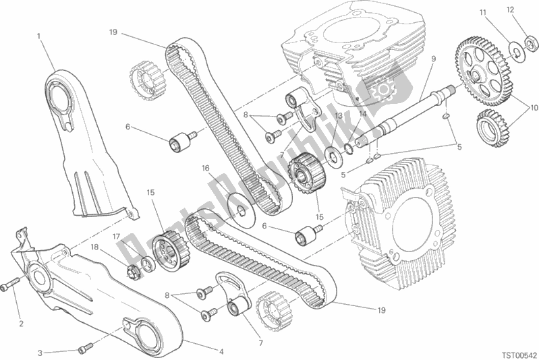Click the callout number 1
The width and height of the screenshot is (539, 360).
tap(39, 35)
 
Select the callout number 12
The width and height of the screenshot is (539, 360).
tap(511, 10)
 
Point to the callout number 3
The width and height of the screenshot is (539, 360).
tap(41, 351)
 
